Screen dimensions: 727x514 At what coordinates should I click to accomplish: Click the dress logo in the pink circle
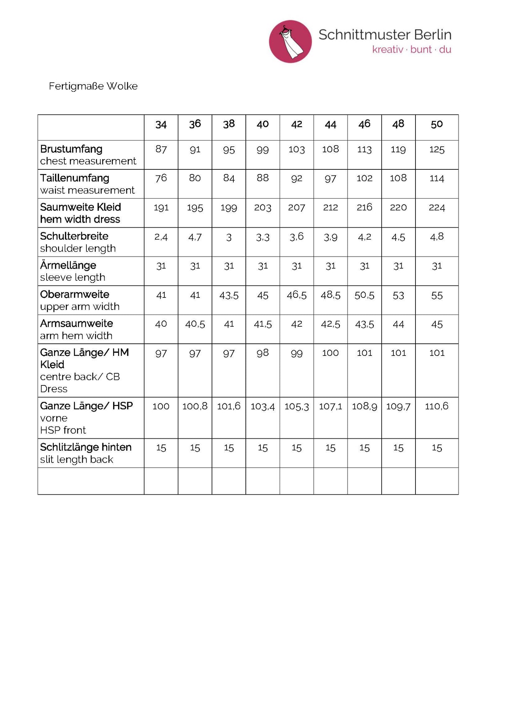point(290,41)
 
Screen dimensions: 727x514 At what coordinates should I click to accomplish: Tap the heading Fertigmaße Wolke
point(93,86)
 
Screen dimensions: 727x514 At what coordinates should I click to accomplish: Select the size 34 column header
point(161,125)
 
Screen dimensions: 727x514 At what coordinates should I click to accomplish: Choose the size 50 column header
point(436,124)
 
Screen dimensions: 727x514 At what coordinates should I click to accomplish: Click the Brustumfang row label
point(71,149)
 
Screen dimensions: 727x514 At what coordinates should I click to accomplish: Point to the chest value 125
point(436,149)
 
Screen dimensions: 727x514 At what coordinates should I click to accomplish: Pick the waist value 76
point(161,178)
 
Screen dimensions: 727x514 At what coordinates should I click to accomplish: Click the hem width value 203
point(263,207)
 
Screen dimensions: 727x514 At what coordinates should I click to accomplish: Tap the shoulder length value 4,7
point(195,237)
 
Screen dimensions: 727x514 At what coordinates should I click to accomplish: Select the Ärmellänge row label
point(68,265)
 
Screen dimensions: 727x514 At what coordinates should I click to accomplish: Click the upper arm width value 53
point(398,295)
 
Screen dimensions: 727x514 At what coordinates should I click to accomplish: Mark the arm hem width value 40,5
point(195,324)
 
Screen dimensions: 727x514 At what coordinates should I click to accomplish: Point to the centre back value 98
point(263,353)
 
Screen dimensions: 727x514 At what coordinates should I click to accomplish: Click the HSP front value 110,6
point(436,406)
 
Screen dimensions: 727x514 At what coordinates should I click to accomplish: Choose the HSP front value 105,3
point(296,406)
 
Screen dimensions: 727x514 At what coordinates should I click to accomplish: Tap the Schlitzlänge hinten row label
point(86,447)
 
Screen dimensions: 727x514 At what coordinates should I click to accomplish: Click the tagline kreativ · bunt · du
point(412,49)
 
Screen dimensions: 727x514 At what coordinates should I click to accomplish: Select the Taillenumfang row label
point(75,178)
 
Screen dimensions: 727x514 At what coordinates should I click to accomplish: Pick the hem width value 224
point(436,207)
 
